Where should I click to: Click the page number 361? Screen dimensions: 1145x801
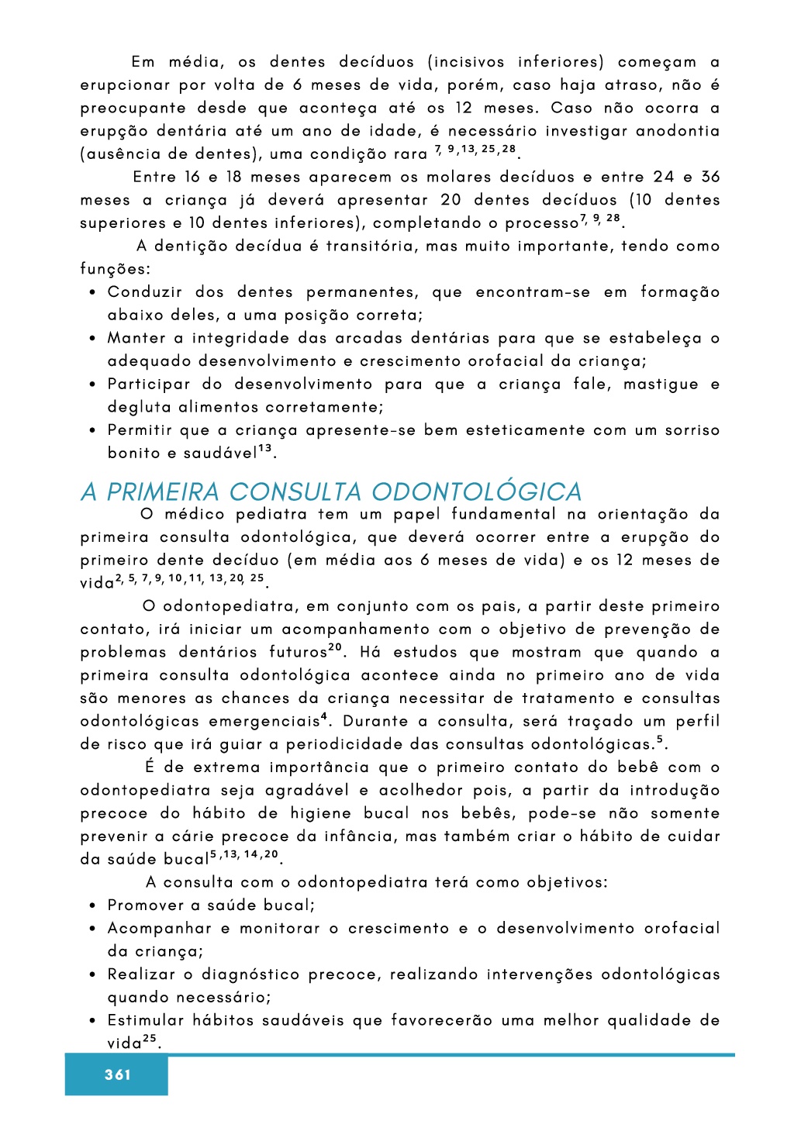tap(118, 1074)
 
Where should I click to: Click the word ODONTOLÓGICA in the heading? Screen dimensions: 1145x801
tap(476, 491)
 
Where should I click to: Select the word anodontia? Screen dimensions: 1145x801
tap(678, 131)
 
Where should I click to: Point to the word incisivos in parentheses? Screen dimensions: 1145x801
tap(468, 62)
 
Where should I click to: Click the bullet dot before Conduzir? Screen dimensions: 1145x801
tap(92, 293)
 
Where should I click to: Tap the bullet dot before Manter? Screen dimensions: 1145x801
tap(92, 339)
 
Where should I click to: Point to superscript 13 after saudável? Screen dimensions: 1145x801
tap(265, 449)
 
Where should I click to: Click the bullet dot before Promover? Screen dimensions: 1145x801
tap(92, 905)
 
